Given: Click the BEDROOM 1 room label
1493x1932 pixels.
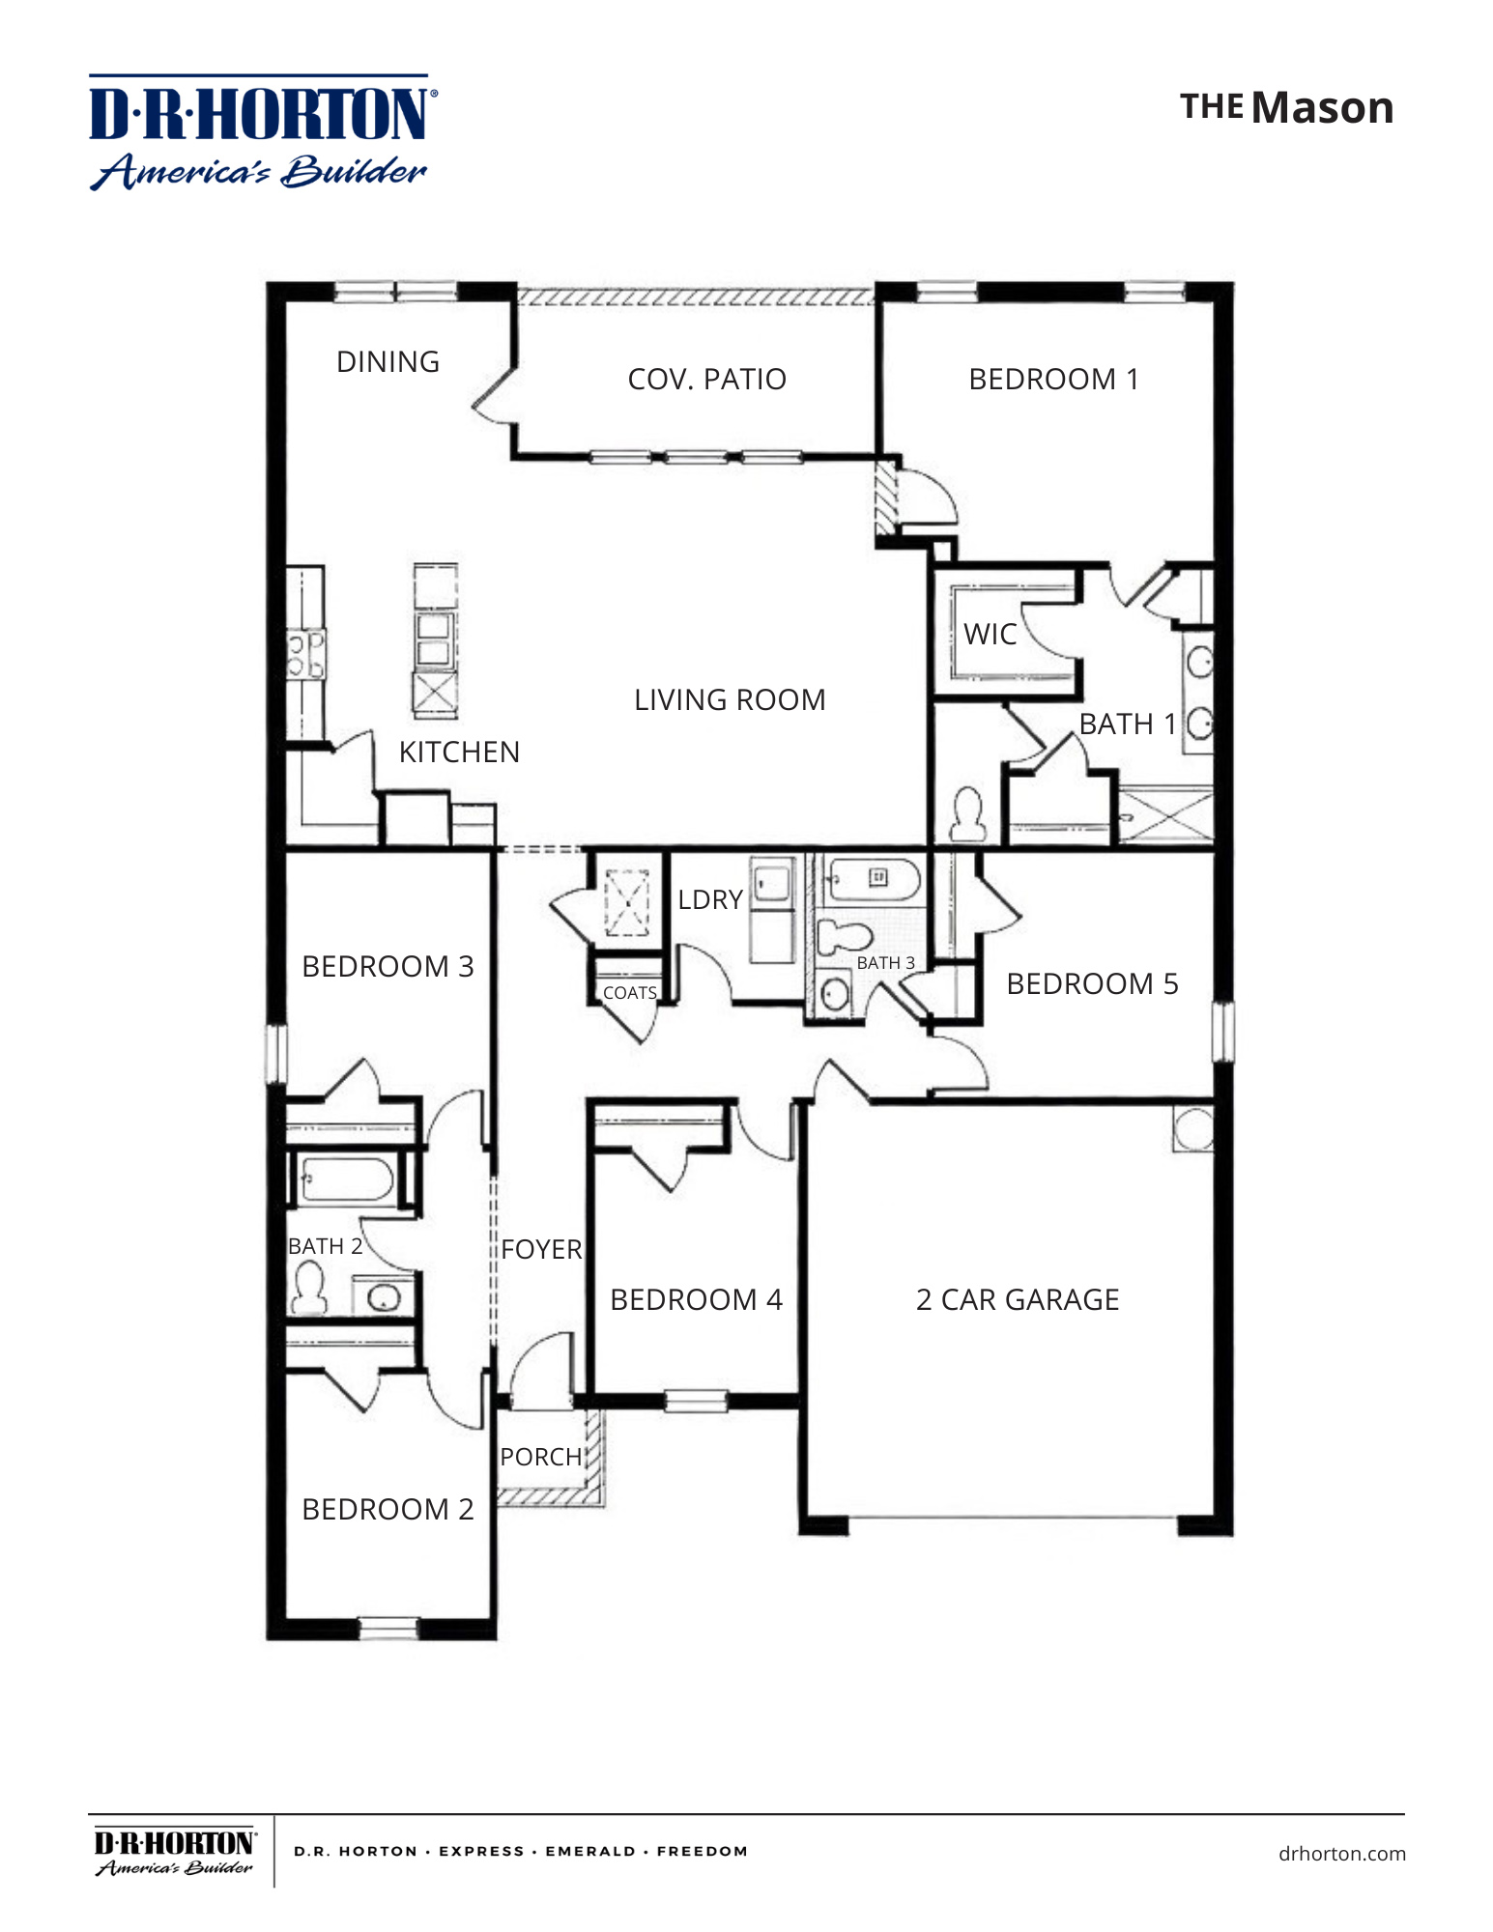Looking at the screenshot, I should pos(1053,380).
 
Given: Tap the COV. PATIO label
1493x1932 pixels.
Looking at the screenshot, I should pos(706,380).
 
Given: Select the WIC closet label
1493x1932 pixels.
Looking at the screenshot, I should pos(990,635).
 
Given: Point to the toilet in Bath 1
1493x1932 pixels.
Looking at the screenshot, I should pos(967,813).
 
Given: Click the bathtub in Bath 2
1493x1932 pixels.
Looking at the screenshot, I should pos(346,1179).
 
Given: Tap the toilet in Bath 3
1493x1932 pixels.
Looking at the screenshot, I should pos(844,936).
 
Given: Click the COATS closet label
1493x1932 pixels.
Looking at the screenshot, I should pos(629,993).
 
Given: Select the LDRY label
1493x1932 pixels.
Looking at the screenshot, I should pos(709,900).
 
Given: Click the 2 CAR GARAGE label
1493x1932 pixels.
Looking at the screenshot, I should pos(1017,1300).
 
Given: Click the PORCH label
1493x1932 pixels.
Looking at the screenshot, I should pos(540,1457).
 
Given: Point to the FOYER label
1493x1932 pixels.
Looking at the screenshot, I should pos(541,1249).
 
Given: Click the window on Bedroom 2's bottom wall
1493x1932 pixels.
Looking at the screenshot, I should pos(388,1630).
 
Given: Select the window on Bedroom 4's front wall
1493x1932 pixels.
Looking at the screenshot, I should pos(696,1400).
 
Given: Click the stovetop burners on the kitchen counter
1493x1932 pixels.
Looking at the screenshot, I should pos(305,654).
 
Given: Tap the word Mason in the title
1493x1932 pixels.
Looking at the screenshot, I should pos(1322,108).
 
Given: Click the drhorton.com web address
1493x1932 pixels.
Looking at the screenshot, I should pos(1341,1854).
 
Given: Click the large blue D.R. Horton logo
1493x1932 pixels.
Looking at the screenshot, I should pos(261,133).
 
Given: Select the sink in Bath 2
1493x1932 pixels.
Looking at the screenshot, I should pos(384,1297).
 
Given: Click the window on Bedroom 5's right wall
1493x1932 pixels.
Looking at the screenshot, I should pos(1222,1031).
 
